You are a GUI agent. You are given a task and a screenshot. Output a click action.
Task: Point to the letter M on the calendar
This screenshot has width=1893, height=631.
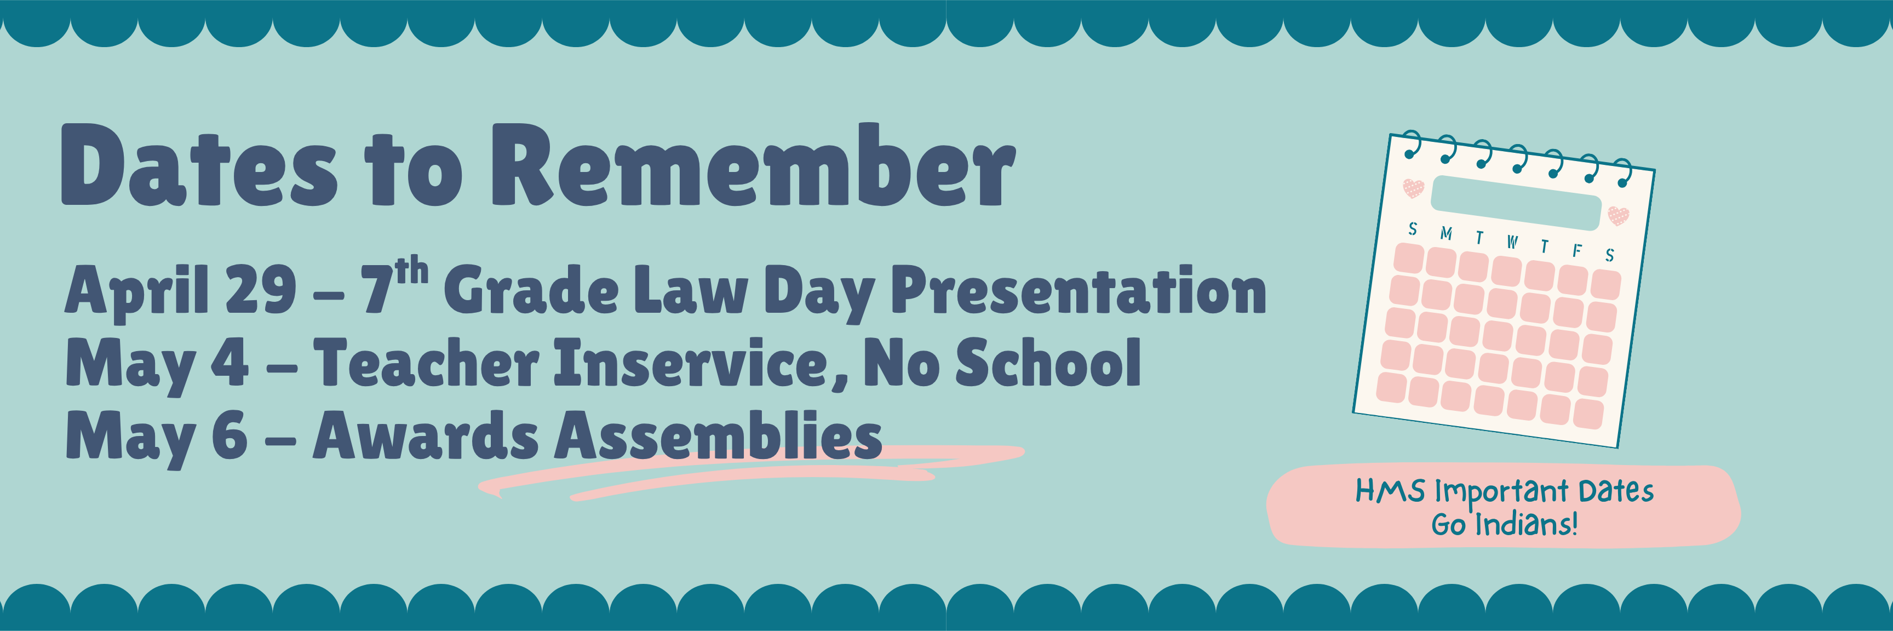pyautogui.click(x=1446, y=233)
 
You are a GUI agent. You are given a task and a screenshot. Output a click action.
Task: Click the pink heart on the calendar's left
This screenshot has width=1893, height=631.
pyautogui.click(x=1413, y=188)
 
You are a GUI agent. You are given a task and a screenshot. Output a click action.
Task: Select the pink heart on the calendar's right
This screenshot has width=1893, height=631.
pyautogui.click(x=1618, y=215)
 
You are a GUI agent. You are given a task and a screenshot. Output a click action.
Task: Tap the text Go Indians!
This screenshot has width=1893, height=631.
pyautogui.click(x=1504, y=525)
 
